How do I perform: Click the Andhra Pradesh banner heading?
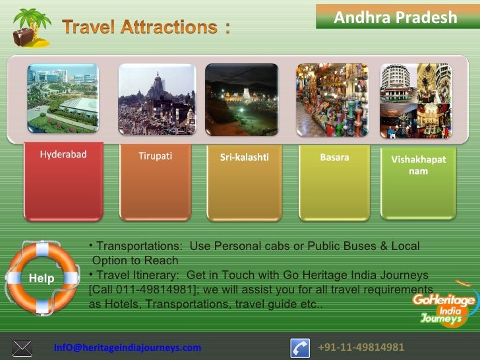pos(396,16)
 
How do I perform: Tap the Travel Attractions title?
pos(146,28)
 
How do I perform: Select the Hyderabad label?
pos(63,155)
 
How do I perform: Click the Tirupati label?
pos(155,156)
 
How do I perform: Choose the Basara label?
pos(334,158)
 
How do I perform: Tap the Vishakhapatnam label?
pos(418,165)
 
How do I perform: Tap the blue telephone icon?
pos(301,347)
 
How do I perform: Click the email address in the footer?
pos(127,347)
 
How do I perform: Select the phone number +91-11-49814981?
pos(361,347)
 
